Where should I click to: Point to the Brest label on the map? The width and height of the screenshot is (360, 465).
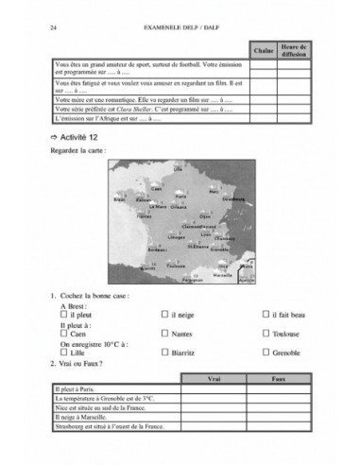coord(119,200)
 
